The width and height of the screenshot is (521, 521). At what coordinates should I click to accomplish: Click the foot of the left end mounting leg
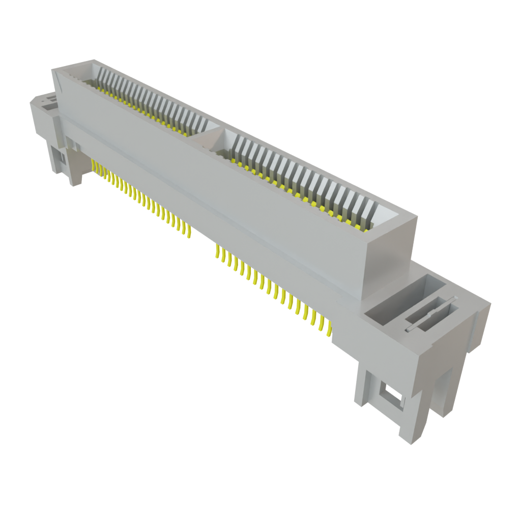(75, 181)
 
